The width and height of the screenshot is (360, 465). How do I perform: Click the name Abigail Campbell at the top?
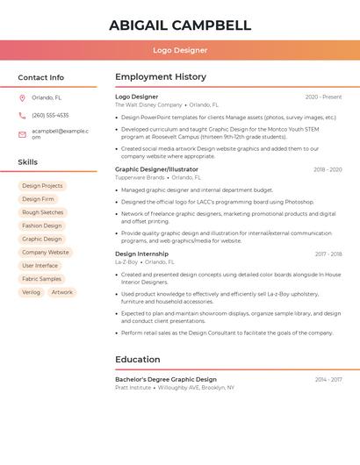pos(179,25)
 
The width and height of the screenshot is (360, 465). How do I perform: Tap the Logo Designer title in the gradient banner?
pos(179,50)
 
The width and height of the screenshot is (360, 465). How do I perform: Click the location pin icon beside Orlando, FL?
pos(22,97)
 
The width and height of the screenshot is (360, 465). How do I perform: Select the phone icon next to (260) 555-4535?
pos(22,115)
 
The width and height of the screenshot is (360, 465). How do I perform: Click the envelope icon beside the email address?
pos(22,133)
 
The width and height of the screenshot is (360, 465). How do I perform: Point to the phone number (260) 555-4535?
pos(50,115)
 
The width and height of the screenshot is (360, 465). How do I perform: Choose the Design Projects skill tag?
pos(42,186)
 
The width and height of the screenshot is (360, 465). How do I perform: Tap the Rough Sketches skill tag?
pos(42,212)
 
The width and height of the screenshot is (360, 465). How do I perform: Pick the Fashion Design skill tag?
pos(42,225)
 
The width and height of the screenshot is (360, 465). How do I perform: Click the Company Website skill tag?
pos(46,252)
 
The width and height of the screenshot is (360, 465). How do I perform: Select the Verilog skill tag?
pos(31,292)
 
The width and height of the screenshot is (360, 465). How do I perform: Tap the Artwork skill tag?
pos(61,292)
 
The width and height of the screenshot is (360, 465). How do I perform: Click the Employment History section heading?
pos(161,77)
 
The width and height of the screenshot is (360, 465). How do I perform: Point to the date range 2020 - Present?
pos(323,97)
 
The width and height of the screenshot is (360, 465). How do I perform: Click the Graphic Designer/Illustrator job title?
pos(156,169)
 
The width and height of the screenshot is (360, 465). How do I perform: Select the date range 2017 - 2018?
pos(328,254)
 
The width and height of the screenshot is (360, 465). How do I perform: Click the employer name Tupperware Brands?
pos(140,177)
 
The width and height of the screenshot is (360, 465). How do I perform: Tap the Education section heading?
pos(138,359)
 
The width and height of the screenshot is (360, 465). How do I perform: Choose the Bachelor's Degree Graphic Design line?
pos(166,379)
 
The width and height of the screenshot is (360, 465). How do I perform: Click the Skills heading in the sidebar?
pos(28,161)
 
